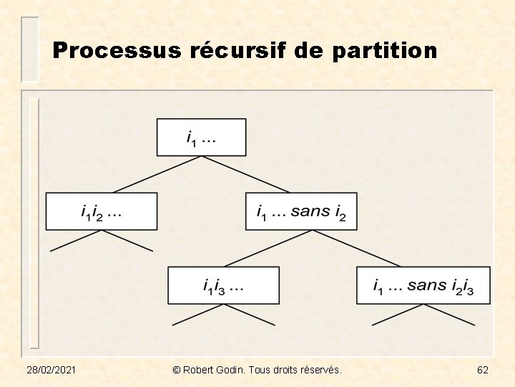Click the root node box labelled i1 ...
point(201,137)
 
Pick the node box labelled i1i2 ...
point(101,211)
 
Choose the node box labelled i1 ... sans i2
point(300,211)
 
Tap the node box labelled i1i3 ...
point(223,285)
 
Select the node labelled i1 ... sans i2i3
point(423,285)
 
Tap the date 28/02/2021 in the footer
point(52,370)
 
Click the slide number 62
point(483,370)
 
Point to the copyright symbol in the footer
point(176,370)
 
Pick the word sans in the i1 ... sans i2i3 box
point(427,285)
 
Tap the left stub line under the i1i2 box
point(75,241)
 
